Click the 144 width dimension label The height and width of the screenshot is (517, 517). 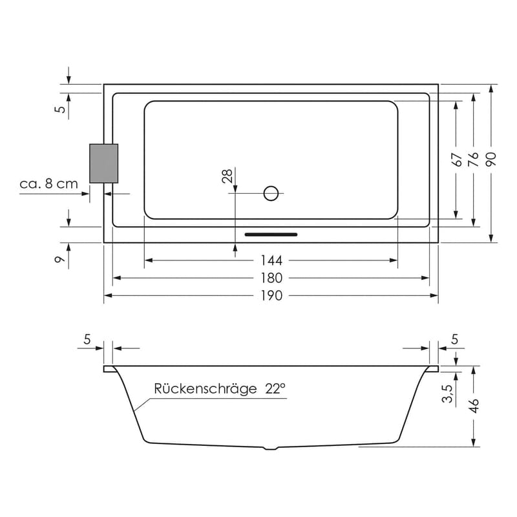pyautogui.click(x=272, y=260)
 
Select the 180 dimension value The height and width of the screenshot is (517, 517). pyautogui.click(x=272, y=278)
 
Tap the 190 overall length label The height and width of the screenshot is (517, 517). pyautogui.click(x=272, y=295)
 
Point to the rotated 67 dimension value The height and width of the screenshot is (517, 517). pyautogui.click(x=456, y=160)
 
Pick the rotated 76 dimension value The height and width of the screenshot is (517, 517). pyautogui.click(x=474, y=160)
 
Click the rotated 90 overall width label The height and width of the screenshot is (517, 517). pyautogui.click(x=492, y=160)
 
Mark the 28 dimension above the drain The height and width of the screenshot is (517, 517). pyautogui.click(x=227, y=177)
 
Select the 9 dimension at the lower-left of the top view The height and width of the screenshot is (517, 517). pyautogui.click(x=59, y=260)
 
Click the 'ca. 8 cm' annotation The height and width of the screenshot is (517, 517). pyautogui.click(x=48, y=184)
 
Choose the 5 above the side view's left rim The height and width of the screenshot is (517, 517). pyautogui.click(x=88, y=338)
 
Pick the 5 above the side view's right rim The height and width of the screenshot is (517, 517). pyautogui.click(x=454, y=338)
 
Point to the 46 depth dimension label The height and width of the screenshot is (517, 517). pyautogui.click(x=474, y=406)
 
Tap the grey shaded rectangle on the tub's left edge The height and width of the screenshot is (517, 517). pyautogui.click(x=103, y=164)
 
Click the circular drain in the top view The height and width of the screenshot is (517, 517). pyautogui.click(x=271, y=193)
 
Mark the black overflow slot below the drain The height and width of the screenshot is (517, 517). pyautogui.click(x=271, y=235)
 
